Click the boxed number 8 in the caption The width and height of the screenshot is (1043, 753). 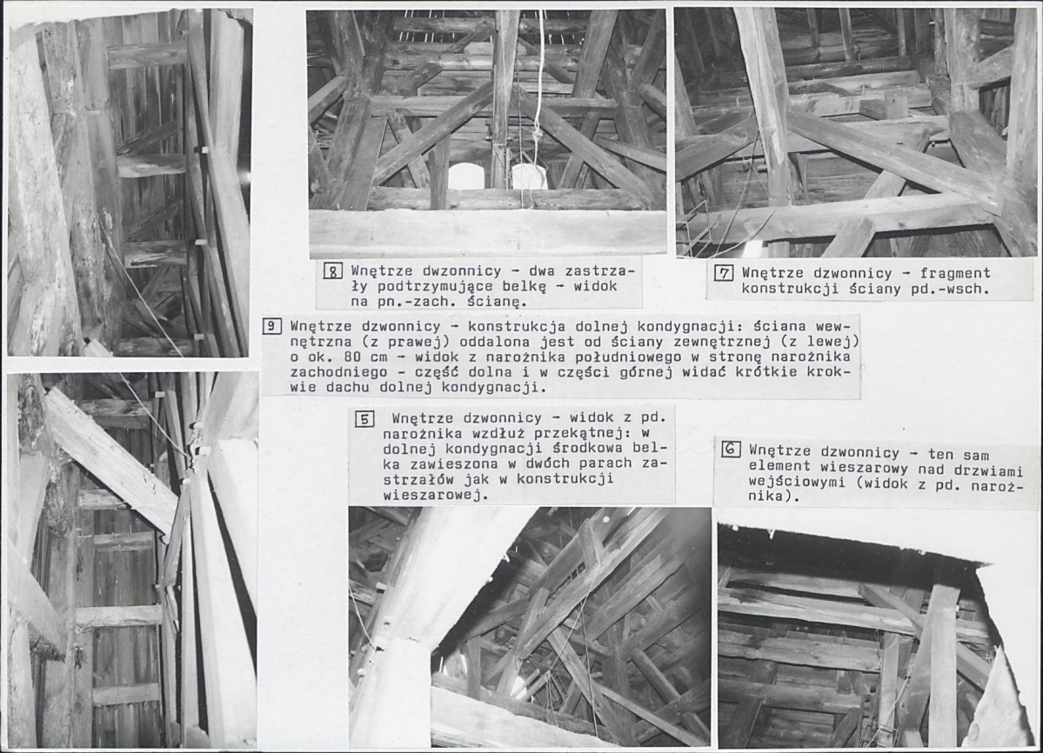click(332, 271)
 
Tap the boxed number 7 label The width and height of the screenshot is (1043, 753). click(723, 272)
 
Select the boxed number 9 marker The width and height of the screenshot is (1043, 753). click(271, 326)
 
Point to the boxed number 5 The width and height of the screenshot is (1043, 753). click(364, 419)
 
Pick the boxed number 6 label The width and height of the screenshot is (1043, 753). click(731, 450)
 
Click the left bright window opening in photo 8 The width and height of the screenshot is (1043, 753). click(465, 177)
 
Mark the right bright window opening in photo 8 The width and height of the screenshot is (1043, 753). click(530, 177)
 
